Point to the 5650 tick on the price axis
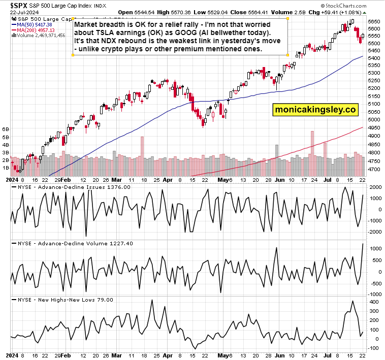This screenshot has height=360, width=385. [x=373, y=21]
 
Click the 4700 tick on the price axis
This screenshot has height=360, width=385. [x=373, y=169]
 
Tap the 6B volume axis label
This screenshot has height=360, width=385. [x=7, y=130]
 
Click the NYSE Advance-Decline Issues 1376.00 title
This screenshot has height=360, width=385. [x=74, y=187]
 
